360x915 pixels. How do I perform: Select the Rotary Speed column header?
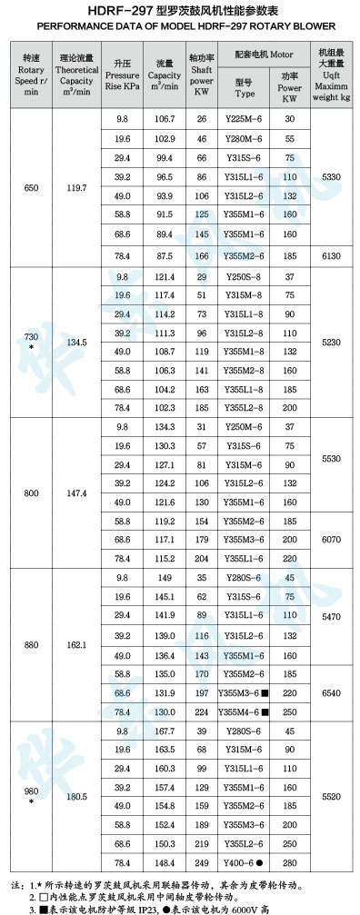[32, 74]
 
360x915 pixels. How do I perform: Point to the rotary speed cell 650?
[32, 188]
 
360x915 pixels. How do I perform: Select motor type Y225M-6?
[245, 119]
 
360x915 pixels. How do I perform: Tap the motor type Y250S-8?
[245, 276]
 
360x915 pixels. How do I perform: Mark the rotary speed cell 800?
[32, 492]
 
